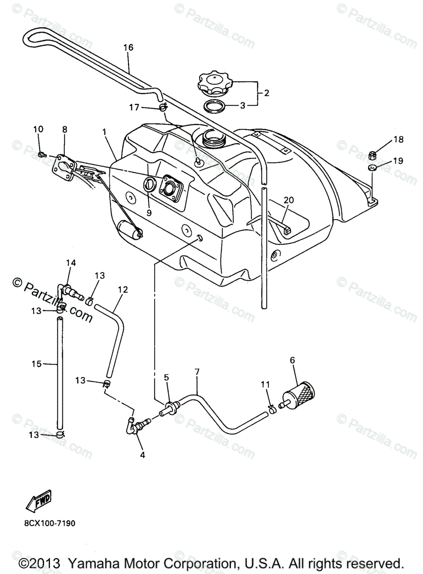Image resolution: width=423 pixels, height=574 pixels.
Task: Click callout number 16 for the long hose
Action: point(128,47)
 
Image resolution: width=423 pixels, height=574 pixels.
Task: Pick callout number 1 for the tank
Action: point(104,131)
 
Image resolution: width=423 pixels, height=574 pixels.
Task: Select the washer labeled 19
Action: point(372,168)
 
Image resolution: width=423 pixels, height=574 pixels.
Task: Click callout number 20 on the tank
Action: point(288,200)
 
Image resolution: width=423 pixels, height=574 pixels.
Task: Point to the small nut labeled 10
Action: point(42,154)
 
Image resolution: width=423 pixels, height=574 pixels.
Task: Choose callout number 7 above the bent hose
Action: point(196,372)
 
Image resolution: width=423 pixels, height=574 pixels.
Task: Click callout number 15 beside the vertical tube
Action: point(37,364)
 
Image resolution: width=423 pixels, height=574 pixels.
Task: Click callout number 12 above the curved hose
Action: point(123,289)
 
